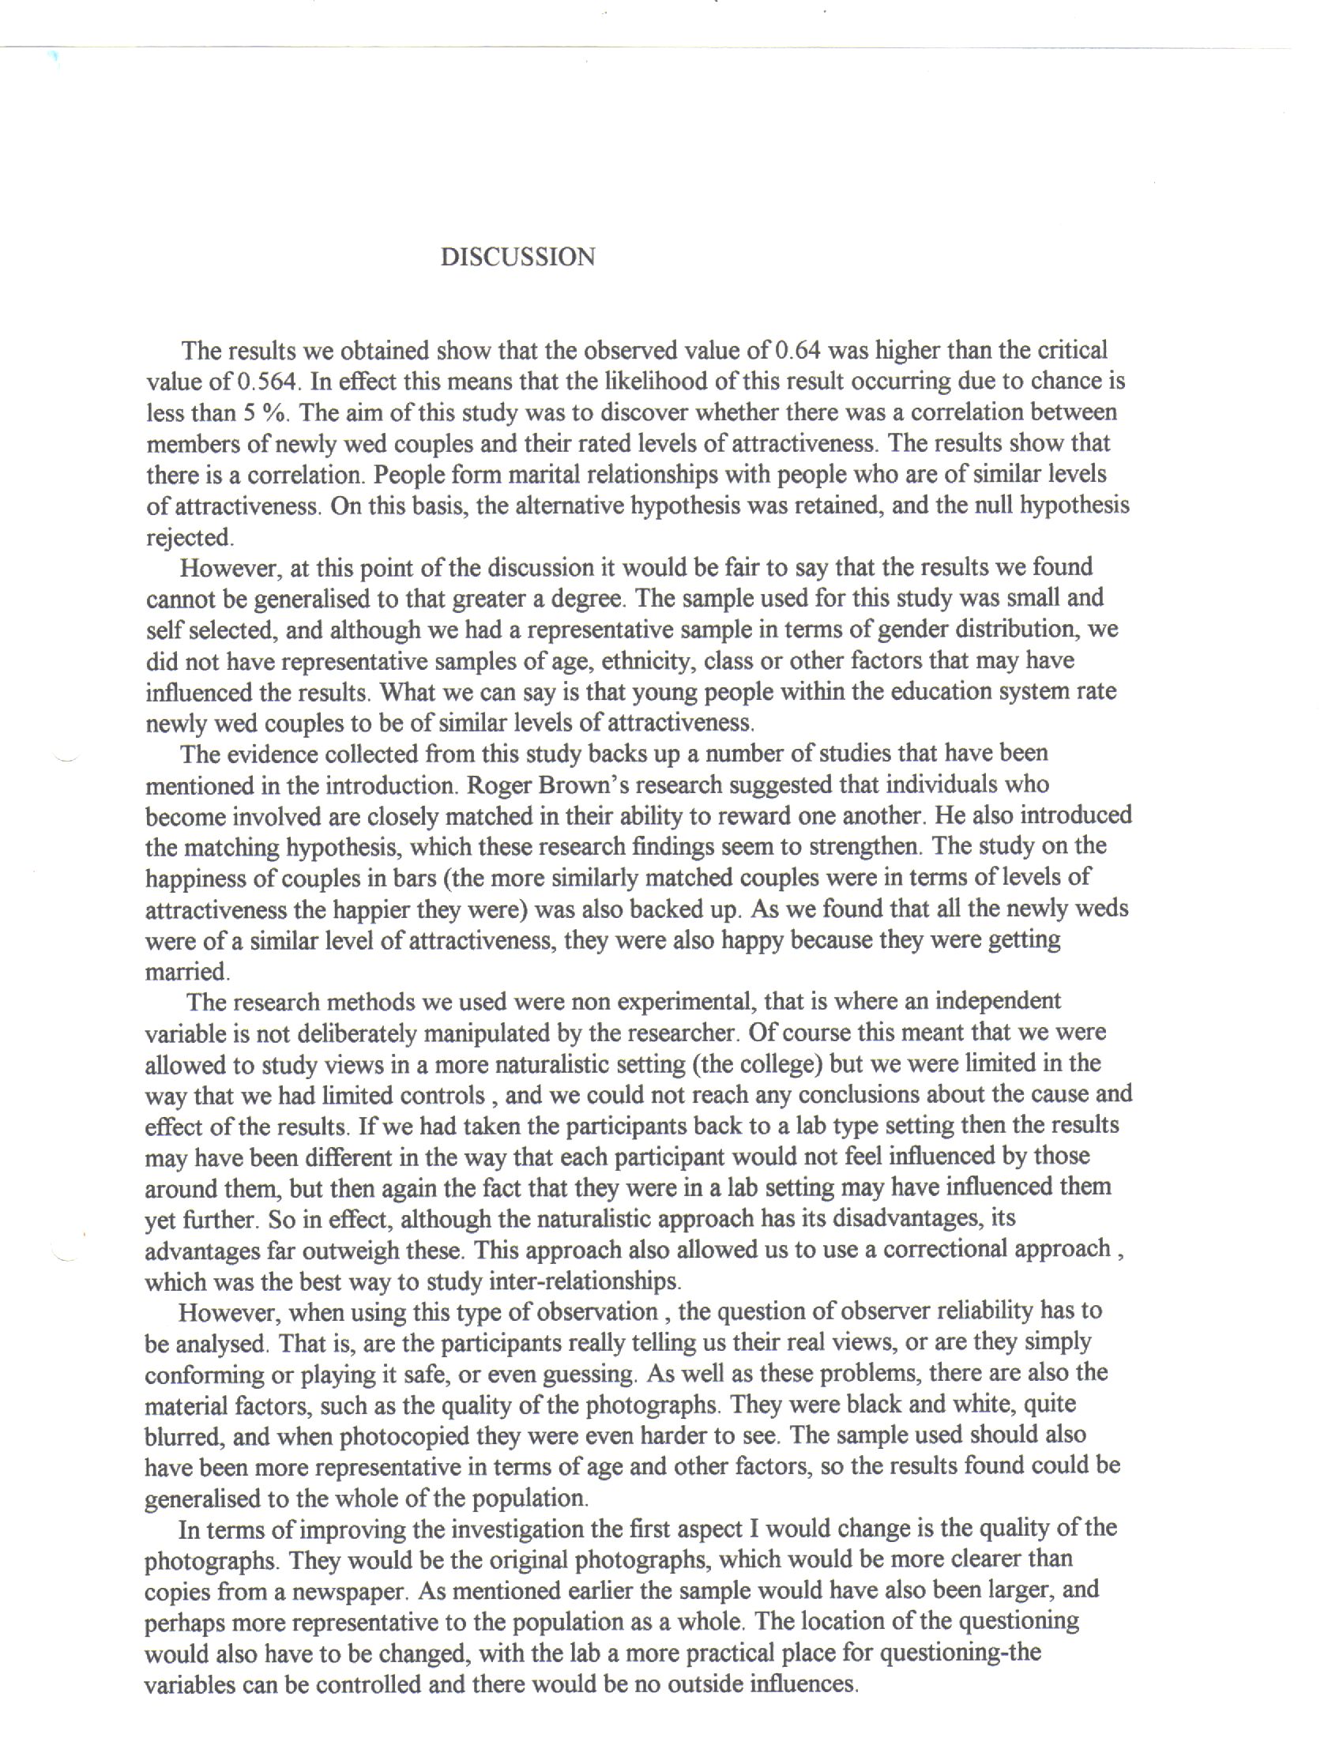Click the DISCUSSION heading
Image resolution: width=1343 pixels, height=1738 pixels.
pyautogui.click(x=517, y=257)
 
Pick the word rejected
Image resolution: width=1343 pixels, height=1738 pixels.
pyautogui.click(x=190, y=538)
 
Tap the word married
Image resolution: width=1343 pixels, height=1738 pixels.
pyautogui.click(x=186, y=972)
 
